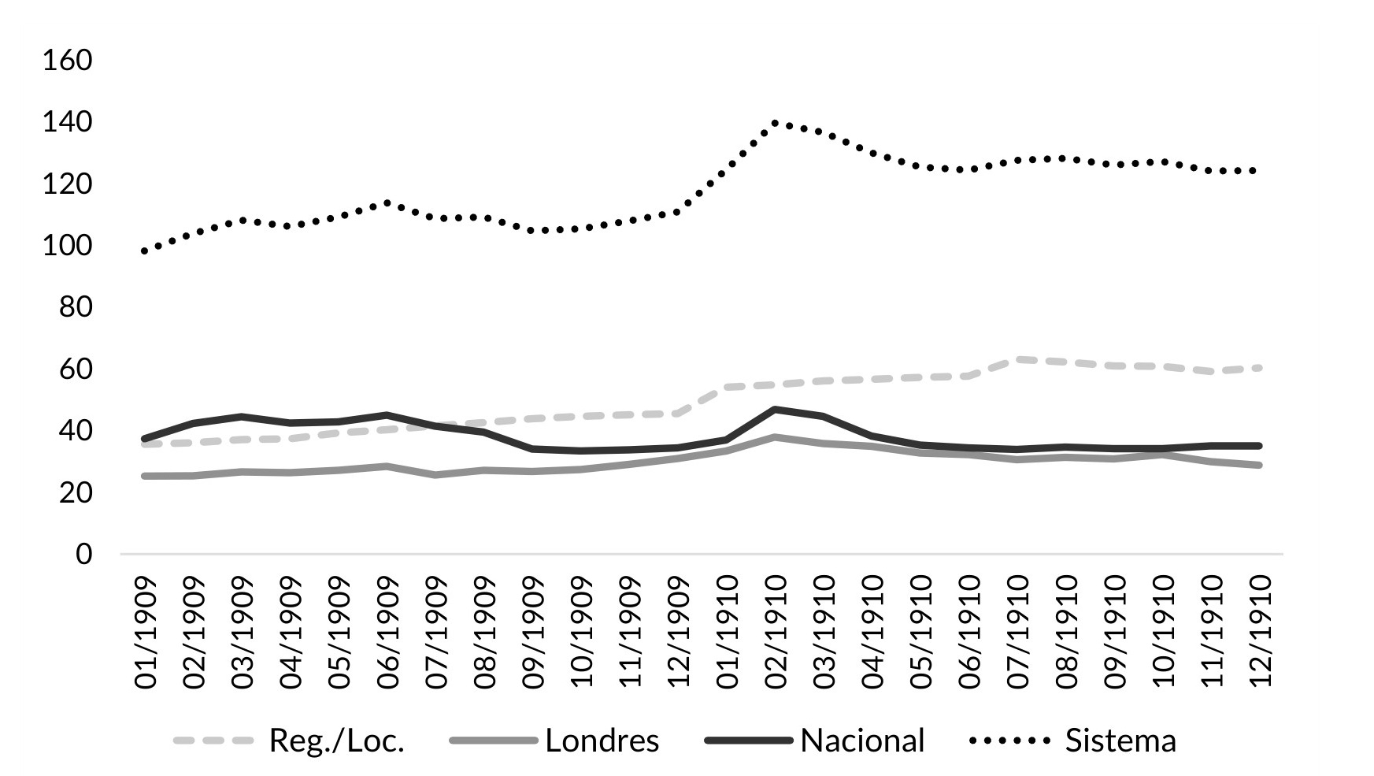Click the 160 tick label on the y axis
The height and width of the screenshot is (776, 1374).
click(68, 61)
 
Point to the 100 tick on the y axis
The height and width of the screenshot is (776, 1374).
click(68, 247)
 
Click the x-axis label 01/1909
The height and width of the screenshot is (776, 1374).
click(146, 633)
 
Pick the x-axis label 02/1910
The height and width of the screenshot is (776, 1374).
click(776, 633)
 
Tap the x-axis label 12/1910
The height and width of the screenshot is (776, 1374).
click(1261, 633)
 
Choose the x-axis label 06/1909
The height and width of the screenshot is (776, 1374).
click(389, 633)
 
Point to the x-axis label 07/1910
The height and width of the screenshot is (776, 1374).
click(1019, 633)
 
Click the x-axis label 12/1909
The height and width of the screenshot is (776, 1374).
click(680, 633)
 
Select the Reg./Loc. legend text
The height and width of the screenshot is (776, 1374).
click(336, 741)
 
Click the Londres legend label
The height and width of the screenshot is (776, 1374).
click(602, 741)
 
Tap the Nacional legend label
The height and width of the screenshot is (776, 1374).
click(862, 741)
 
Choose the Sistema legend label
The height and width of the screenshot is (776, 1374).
click(1120, 741)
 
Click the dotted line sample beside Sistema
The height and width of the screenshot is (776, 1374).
click(1009, 741)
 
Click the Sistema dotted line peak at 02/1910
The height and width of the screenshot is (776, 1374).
click(776, 123)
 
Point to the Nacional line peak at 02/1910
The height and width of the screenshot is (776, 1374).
click(776, 410)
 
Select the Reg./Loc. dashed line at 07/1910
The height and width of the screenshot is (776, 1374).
click(1019, 359)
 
